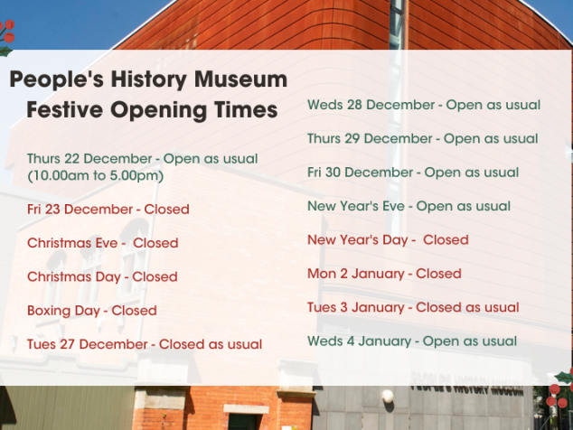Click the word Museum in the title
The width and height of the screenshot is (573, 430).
[x=240, y=79]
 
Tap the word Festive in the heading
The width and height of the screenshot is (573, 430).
[x=65, y=109]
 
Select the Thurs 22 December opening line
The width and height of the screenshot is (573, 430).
[x=143, y=159]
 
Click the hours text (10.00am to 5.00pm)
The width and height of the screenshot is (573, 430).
[x=96, y=176]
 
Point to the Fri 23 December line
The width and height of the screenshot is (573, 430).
[x=108, y=210]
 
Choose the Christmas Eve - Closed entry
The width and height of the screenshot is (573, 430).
[x=103, y=243]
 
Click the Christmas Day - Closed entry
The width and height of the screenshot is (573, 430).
[x=102, y=277]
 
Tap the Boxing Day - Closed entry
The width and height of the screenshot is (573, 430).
[x=92, y=311]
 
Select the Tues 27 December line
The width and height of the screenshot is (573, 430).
[x=145, y=344]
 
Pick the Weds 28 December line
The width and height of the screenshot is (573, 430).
[x=424, y=105]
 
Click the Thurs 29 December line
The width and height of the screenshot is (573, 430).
[x=423, y=139]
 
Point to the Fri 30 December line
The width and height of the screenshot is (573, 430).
[x=413, y=173]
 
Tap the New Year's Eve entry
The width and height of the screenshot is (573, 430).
[x=409, y=206]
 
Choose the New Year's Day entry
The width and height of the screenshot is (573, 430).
[x=388, y=240]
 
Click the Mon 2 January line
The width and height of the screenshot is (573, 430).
[x=384, y=274]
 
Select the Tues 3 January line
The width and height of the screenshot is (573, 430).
[x=413, y=307]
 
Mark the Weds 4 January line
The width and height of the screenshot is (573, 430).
[x=412, y=341]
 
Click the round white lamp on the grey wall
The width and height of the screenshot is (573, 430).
[x=388, y=396]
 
